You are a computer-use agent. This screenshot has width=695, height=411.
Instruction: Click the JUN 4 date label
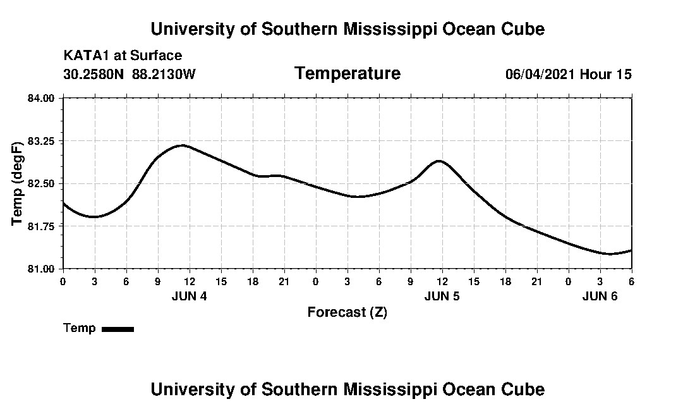pyautogui.click(x=189, y=296)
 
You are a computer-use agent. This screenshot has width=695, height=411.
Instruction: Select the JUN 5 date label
pyautogui.click(x=442, y=296)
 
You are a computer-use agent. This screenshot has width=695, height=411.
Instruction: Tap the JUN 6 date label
pyautogui.click(x=600, y=296)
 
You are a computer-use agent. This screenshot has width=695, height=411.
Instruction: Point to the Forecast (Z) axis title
pyautogui.click(x=347, y=312)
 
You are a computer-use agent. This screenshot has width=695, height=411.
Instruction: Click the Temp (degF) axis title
pyautogui.click(x=18, y=183)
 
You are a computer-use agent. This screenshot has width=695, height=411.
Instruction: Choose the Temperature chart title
pyautogui.click(x=347, y=74)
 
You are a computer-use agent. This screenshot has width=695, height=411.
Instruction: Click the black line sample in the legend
pyautogui.click(x=118, y=329)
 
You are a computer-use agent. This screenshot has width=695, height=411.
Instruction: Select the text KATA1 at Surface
pyautogui.click(x=123, y=56)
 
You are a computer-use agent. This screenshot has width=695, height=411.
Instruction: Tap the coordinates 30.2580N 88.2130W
pyautogui.click(x=130, y=75)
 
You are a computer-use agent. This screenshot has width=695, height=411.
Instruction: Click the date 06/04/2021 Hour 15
pyautogui.click(x=568, y=75)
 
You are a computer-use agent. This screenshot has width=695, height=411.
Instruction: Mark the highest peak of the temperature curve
pyautogui.click(x=182, y=145)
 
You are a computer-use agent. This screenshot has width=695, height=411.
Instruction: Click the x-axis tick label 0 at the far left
pyautogui.click(x=63, y=281)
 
